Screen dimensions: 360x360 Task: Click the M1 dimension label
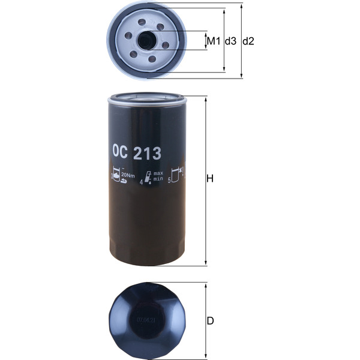pos(213,41)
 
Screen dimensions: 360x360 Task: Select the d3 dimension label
pos(230,41)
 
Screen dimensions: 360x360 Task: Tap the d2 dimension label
pos(248,41)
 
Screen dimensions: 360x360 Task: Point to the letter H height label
pos(210,179)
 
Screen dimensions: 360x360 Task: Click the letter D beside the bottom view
pos(210,321)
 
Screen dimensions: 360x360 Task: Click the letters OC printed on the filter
pos(121,154)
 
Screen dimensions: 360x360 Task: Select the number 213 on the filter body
pos(148,154)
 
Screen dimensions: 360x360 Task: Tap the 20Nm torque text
pos(127,175)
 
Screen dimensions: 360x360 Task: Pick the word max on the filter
pos(158,173)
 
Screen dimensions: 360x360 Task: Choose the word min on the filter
pos(158,179)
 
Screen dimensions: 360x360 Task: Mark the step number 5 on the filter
pos(170,179)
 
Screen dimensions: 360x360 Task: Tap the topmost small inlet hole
pos(142,23)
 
